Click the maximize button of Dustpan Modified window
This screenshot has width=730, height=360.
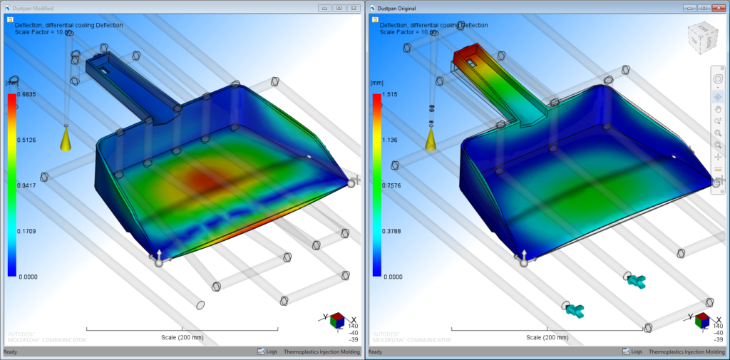pos(339,8)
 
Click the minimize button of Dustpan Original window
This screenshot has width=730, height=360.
pos(689,8)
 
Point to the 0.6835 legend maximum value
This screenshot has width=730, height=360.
pos(27,94)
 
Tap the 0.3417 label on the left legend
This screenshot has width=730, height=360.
pos(27,185)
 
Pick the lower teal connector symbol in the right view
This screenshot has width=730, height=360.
pos(575,309)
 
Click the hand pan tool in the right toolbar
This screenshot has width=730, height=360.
pos(717,109)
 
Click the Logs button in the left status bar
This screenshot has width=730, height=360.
pos(267,351)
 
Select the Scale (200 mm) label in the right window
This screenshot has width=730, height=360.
pos(546,337)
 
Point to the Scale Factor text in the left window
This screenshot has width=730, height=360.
pos(43,32)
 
